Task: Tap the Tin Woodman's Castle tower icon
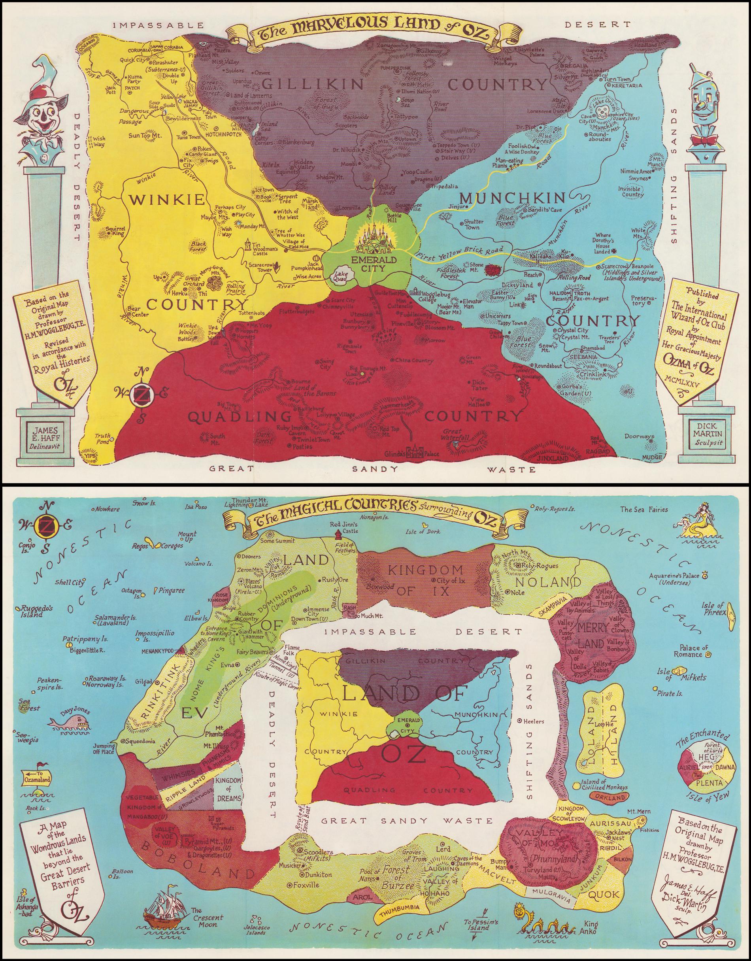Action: click(249, 245)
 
